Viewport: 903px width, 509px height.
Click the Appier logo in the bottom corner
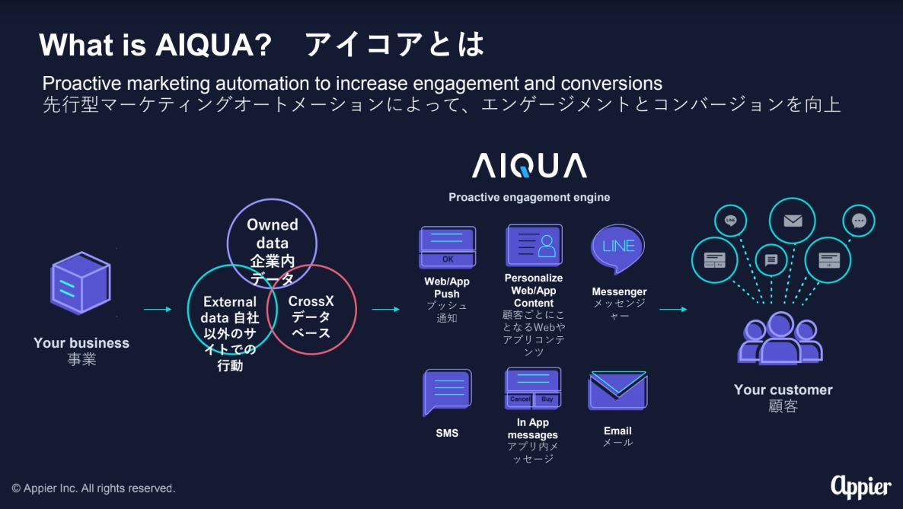861,487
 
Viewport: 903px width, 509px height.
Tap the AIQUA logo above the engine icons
529,165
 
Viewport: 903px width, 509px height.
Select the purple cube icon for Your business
81,283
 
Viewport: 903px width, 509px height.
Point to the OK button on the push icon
448,259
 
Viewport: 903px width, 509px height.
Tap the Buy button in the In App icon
547,399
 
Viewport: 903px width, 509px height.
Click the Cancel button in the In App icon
520,399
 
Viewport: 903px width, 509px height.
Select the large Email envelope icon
618,390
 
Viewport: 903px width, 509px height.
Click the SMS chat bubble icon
447,392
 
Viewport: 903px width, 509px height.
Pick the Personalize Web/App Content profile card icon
534,245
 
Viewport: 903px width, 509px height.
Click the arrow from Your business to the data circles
157,309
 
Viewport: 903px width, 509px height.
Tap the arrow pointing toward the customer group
672,309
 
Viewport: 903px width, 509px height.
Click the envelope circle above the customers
793,221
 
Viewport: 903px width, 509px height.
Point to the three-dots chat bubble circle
859,221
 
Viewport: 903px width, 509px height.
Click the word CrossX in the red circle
311,301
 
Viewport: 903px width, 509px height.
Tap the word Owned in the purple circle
273,224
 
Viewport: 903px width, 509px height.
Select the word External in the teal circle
230,302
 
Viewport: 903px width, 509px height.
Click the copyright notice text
94,488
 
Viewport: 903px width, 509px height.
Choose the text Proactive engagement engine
529,197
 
